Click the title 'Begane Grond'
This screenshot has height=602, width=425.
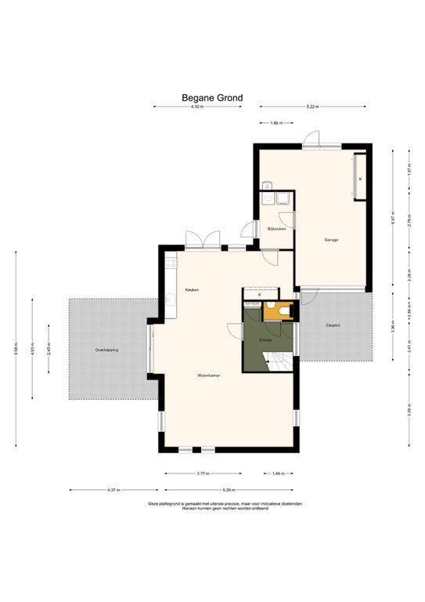[x=212, y=98]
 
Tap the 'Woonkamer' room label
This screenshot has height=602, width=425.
[x=209, y=375]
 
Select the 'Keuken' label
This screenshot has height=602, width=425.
[x=192, y=290]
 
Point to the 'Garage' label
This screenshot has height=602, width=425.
[x=332, y=239]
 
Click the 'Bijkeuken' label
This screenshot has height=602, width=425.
[x=277, y=228]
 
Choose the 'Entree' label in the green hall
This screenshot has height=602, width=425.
[x=266, y=339]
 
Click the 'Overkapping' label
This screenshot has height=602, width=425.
[x=106, y=350]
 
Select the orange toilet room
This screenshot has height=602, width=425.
[x=277, y=311]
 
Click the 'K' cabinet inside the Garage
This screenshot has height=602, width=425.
[x=360, y=178]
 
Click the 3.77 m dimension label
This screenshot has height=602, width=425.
[x=203, y=473]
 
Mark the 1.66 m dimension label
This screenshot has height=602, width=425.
[x=276, y=123]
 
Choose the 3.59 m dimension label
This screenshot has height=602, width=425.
[x=409, y=408]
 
